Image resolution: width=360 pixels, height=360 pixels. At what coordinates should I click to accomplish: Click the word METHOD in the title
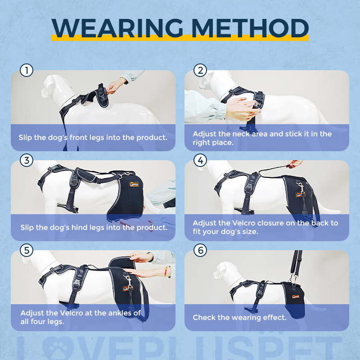pos(250,28)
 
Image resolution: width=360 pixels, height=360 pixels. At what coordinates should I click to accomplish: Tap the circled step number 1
pos(27,70)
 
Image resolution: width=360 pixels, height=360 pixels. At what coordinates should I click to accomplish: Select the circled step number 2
pos(200,70)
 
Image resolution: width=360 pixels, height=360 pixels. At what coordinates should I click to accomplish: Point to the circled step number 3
pos(27,160)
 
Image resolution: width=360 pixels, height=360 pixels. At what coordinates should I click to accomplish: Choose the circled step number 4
pos(200,160)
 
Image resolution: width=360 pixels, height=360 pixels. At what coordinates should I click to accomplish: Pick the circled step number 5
pos(27,250)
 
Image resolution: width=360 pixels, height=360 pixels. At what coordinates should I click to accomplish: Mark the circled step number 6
pos(200,250)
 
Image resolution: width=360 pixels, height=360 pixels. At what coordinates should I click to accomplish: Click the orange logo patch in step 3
pos(134,184)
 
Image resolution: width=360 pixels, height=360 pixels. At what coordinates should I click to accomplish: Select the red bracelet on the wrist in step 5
pos(166,271)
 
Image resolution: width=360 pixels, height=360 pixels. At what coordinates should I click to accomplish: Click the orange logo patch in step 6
pos(296,297)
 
